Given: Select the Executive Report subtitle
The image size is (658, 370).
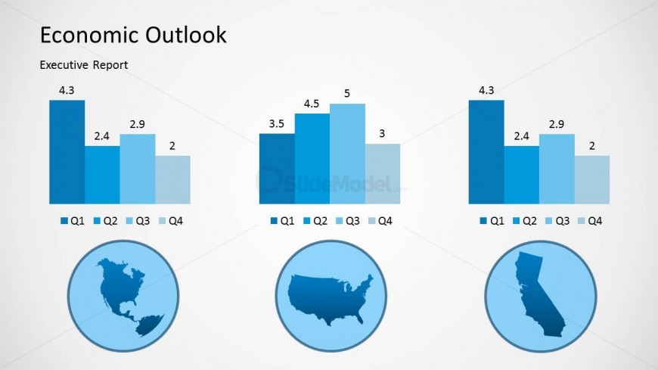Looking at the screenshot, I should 83,65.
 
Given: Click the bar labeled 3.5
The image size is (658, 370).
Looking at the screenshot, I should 276,169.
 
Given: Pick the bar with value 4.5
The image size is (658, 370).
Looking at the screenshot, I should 312,159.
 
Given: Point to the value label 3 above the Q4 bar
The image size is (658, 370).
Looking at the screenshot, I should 382,134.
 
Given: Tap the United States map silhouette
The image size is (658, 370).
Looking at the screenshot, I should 332,296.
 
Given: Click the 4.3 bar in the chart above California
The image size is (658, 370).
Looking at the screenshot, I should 486,151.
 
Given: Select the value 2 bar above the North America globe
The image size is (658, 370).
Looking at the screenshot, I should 172,179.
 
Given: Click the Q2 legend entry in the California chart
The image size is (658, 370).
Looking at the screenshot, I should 523,221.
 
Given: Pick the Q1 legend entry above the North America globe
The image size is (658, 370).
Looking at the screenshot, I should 71,221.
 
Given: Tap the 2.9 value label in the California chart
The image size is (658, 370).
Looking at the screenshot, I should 557,124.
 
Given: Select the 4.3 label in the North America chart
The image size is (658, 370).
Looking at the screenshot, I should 67,91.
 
